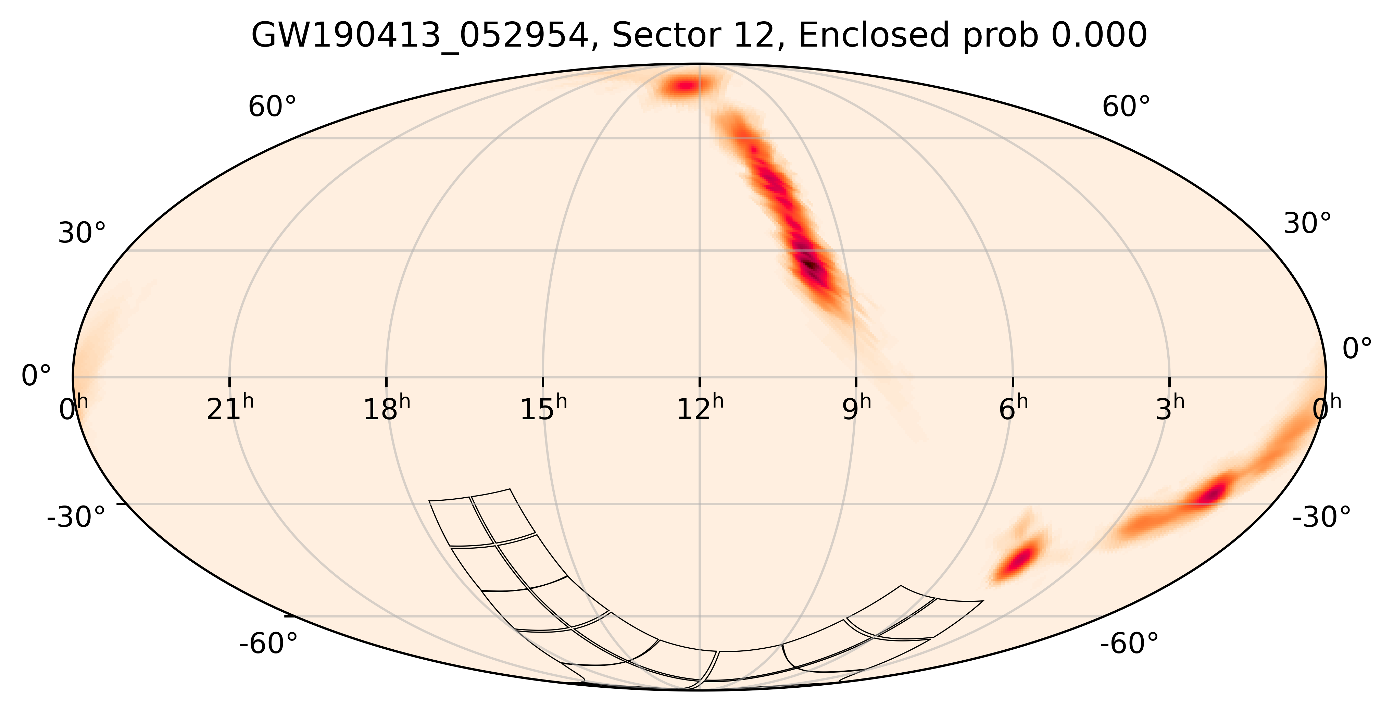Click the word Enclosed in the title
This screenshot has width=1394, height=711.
coord(874,36)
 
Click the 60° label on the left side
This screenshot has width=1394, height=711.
coord(272,107)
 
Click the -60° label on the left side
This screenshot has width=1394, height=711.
coord(268,644)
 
